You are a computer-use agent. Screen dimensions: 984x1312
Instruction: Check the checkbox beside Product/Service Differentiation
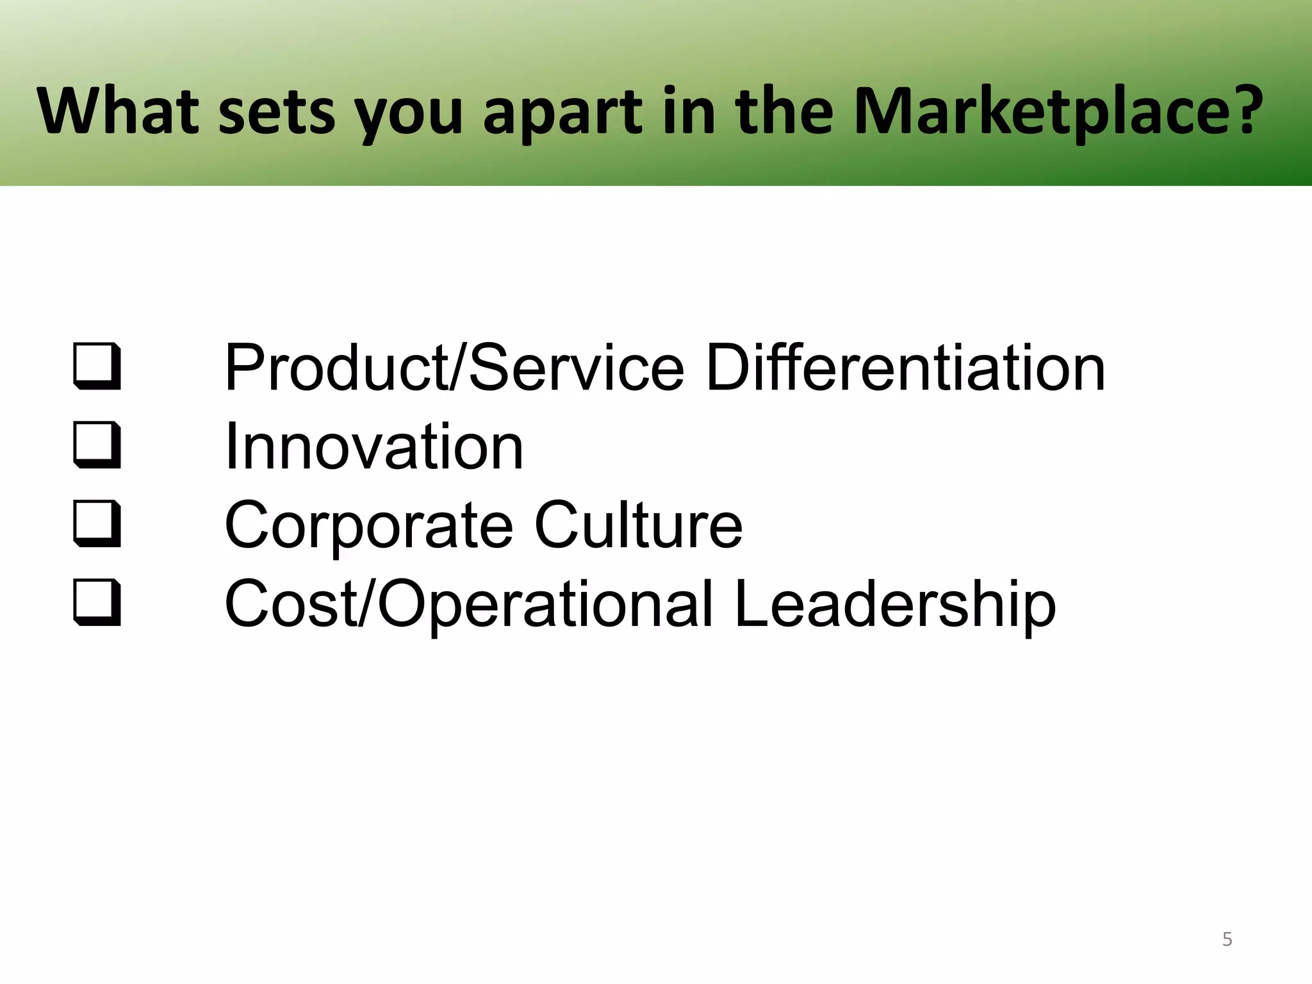[97, 367]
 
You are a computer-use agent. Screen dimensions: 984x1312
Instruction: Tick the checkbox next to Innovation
[97, 445]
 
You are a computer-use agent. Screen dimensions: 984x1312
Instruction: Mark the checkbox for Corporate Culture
[97, 524]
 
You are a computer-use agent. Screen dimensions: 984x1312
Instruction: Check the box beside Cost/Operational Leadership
[97, 603]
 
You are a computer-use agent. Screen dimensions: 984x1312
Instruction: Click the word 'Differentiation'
[905, 368]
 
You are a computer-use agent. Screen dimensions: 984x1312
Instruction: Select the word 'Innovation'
[374, 447]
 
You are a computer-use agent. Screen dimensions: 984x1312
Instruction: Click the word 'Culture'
[638, 525]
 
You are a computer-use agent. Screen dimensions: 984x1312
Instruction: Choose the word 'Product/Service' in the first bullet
[454, 368]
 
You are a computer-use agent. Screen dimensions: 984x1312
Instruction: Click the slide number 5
[1227, 939]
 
